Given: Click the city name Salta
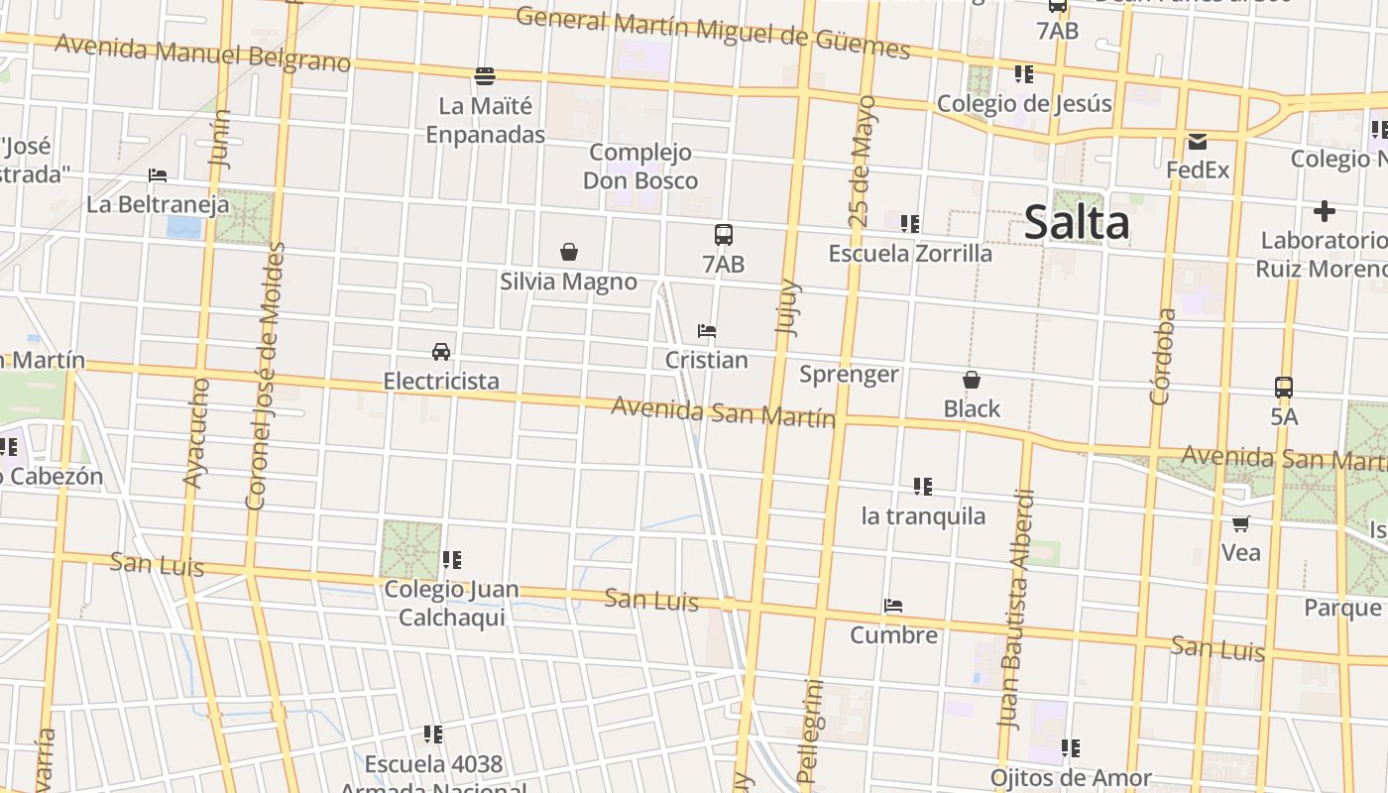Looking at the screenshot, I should pyautogui.click(x=1077, y=222).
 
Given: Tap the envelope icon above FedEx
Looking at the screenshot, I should pyautogui.click(x=1198, y=142).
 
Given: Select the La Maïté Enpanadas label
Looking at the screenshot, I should pyautogui.click(x=486, y=120).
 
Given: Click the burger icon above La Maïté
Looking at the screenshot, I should pyautogui.click(x=485, y=76).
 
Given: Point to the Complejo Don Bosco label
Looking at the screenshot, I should pyautogui.click(x=640, y=167).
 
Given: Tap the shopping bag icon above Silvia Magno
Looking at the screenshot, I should pyautogui.click(x=569, y=253).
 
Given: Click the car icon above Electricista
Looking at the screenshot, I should pyautogui.click(x=441, y=352).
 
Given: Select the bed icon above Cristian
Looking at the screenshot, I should pyautogui.click(x=707, y=331).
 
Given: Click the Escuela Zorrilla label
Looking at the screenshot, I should pyautogui.click(x=910, y=254).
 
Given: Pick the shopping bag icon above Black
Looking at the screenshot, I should pyautogui.click(x=972, y=380).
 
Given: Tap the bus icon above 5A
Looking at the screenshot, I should pyautogui.click(x=1284, y=388).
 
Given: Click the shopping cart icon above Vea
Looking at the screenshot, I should pyautogui.click(x=1240, y=523).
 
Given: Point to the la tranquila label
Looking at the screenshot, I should pyautogui.click(x=923, y=516).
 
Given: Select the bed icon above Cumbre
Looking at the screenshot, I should pyautogui.click(x=893, y=606).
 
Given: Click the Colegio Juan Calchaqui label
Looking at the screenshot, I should pyautogui.click(x=451, y=603).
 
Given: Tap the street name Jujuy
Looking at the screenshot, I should pyautogui.click(x=787, y=307).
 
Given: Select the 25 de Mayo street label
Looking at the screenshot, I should pyautogui.click(x=862, y=162).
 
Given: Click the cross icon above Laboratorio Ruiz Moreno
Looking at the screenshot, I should pyautogui.click(x=1324, y=211).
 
